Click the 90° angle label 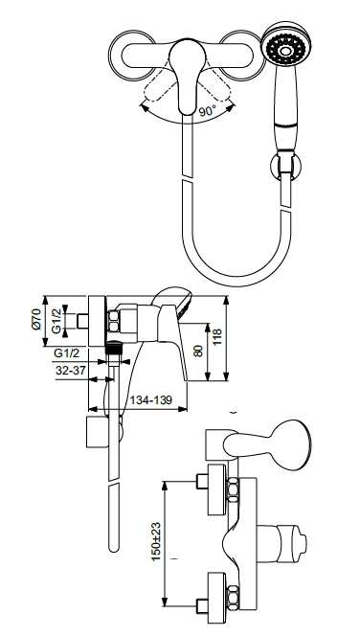coord(208,110)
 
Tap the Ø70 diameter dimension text coord(37,319)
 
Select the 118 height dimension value coord(217,336)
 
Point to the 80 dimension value coord(198,351)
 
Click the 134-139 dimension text coord(151,400)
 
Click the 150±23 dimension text coord(156,542)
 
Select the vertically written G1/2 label coord(56,321)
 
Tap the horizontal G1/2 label coord(67,353)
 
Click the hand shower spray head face coord(286,50)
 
